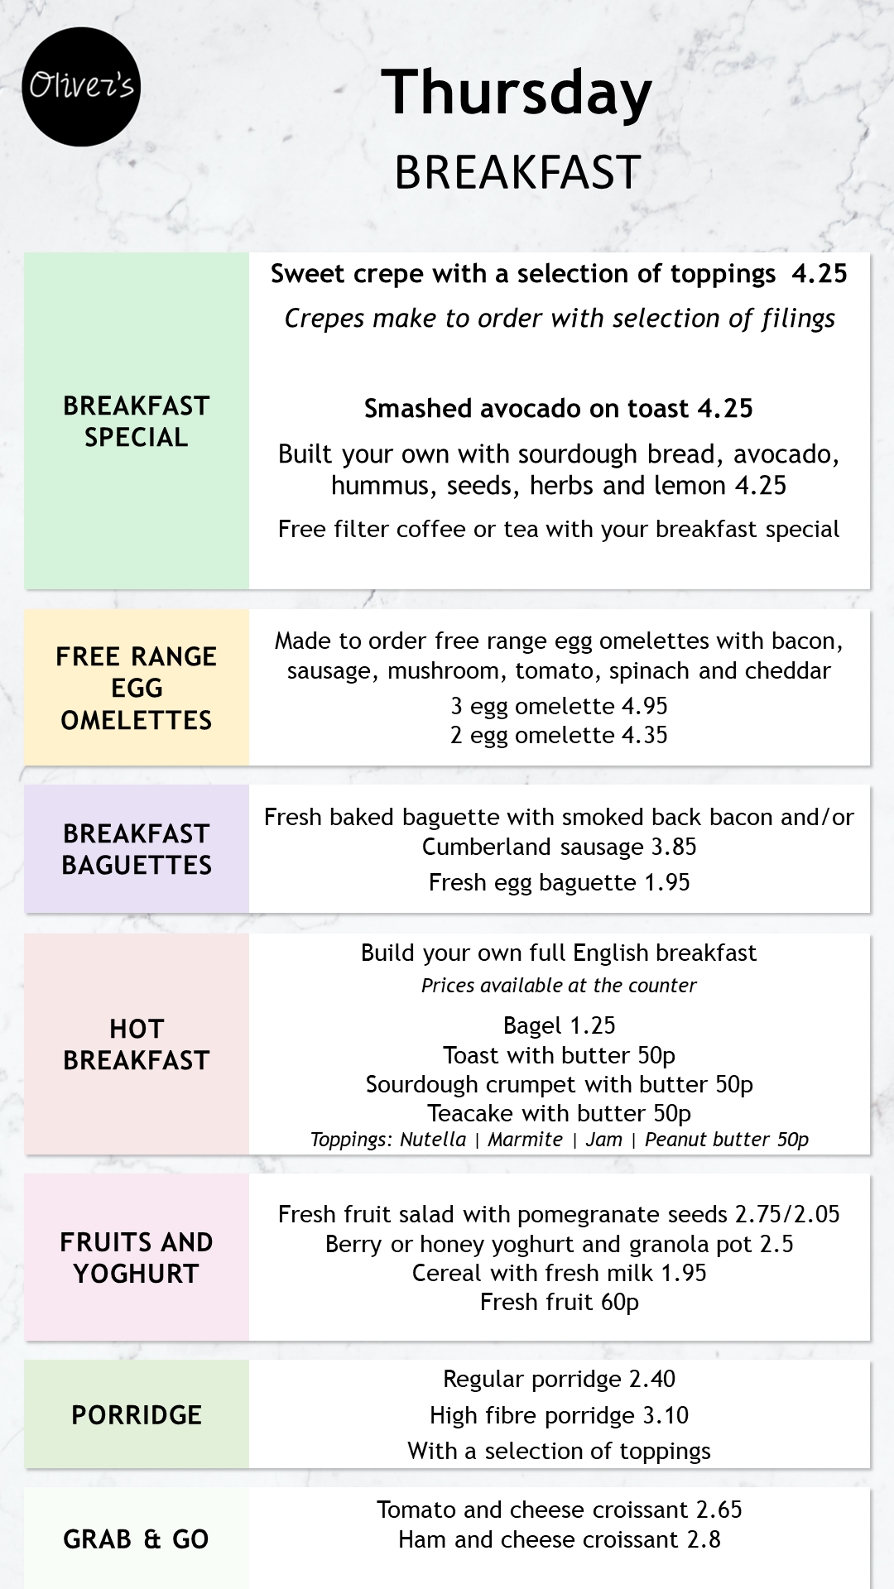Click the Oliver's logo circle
[x=81, y=87]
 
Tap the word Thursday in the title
[x=517, y=93]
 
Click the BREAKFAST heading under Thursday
[x=517, y=172]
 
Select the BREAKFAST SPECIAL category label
[x=137, y=421]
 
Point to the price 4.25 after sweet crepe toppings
[x=819, y=274]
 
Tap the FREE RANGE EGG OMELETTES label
[x=137, y=688]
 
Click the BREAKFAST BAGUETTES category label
[x=137, y=849]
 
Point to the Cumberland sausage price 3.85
[x=674, y=847]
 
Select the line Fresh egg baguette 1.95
[x=559, y=882]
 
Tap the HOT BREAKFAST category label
[x=137, y=1044]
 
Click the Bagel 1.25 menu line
[x=559, y=1025]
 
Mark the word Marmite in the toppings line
[x=525, y=1140]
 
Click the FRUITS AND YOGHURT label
[x=137, y=1258]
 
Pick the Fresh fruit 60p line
[x=559, y=1303]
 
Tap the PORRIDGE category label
[x=137, y=1415]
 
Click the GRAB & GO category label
[x=137, y=1539]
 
